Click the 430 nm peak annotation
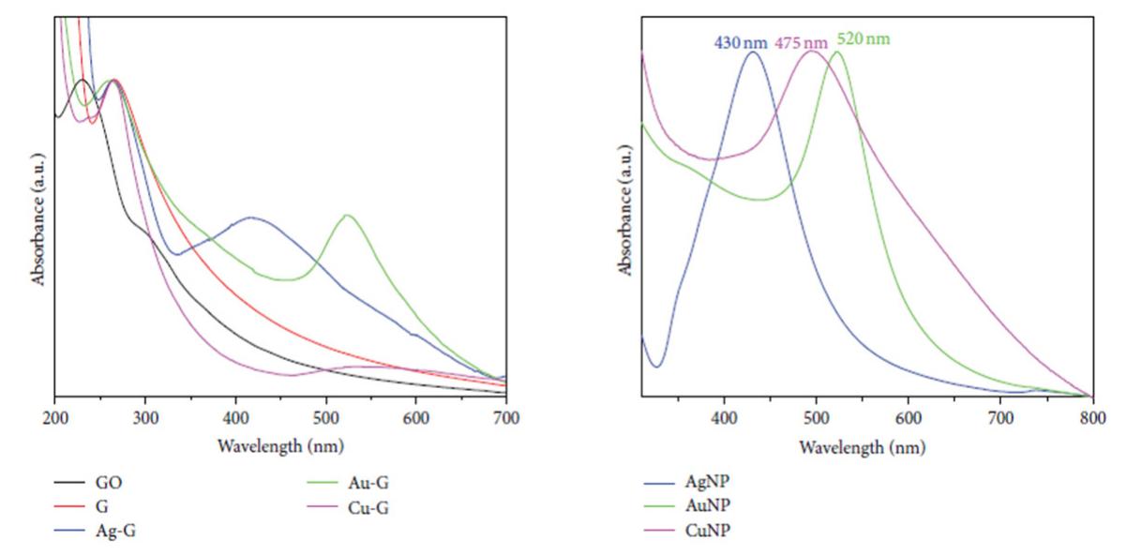[x=741, y=41]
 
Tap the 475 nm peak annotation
[x=802, y=41]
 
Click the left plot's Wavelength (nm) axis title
[x=279, y=444]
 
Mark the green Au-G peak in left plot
[x=348, y=216]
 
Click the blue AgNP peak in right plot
[x=752, y=52]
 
